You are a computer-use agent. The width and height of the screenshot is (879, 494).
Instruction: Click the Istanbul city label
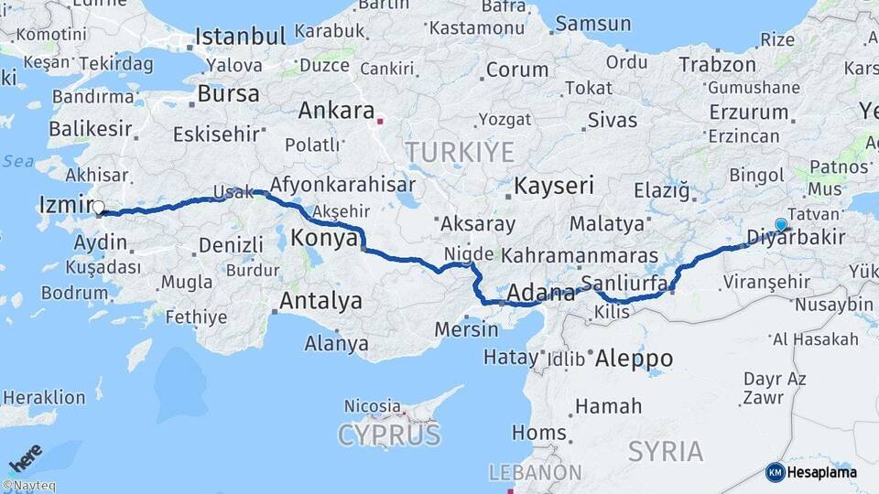pos(240,38)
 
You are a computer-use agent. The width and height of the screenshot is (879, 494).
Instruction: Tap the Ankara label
pos(336,111)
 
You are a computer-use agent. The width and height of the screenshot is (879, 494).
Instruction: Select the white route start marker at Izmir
pos(99,209)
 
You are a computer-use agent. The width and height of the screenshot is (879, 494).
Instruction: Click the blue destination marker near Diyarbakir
pos(781,224)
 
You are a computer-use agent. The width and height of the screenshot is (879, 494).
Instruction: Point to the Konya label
pos(323,239)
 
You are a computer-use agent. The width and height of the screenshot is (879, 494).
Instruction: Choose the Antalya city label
pos(320,301)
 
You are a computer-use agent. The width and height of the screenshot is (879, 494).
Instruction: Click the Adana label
pos(539,294)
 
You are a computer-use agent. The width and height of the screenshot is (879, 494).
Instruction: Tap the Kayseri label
pos(554,187)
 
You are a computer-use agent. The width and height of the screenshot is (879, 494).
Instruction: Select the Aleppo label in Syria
pos(634,359)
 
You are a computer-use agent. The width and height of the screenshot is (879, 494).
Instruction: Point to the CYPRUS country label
pos(389,435)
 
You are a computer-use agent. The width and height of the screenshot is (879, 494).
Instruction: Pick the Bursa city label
pos(228,94)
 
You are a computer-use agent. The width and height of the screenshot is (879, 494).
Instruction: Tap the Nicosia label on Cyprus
pos(372,405)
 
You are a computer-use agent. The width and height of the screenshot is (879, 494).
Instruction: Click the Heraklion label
pos(44,397)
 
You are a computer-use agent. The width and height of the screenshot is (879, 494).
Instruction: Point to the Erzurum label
pos(748,113)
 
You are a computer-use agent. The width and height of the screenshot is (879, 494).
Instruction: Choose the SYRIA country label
pos(666,451)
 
